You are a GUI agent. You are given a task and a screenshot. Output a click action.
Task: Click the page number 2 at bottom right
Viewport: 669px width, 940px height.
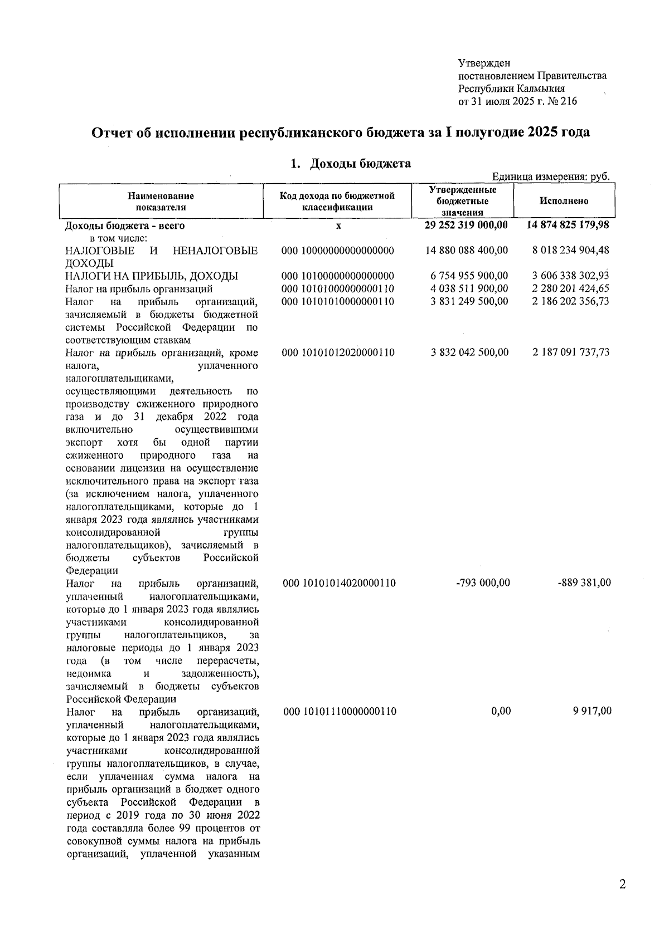622,884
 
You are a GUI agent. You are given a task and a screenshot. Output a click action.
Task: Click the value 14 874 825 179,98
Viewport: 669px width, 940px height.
568,225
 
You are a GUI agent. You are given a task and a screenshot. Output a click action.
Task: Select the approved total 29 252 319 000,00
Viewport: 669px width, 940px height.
466,225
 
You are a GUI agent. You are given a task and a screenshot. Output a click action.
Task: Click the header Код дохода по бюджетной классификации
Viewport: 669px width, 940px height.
337,201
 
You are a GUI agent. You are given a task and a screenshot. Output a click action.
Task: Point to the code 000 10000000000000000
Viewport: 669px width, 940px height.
338,251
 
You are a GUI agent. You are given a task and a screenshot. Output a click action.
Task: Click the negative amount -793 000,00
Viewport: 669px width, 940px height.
483,583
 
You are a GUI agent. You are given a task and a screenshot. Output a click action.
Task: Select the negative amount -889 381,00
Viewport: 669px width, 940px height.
583,583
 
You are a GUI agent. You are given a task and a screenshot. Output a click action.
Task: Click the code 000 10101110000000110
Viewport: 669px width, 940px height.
340,711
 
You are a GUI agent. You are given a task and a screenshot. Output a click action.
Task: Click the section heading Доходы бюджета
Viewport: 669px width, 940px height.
360,163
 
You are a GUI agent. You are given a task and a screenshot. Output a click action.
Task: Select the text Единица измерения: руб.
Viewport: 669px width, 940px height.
550,177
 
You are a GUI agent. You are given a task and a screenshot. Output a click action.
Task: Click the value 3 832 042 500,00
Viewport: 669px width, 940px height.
469,352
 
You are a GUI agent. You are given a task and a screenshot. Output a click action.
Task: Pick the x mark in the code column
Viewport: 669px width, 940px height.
338,226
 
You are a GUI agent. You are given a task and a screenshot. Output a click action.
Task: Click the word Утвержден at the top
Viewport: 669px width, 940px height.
484,63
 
